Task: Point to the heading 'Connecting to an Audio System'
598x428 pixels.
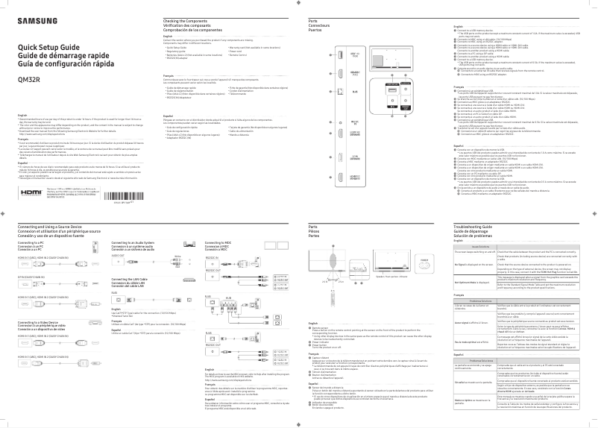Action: (x=133, y=243)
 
